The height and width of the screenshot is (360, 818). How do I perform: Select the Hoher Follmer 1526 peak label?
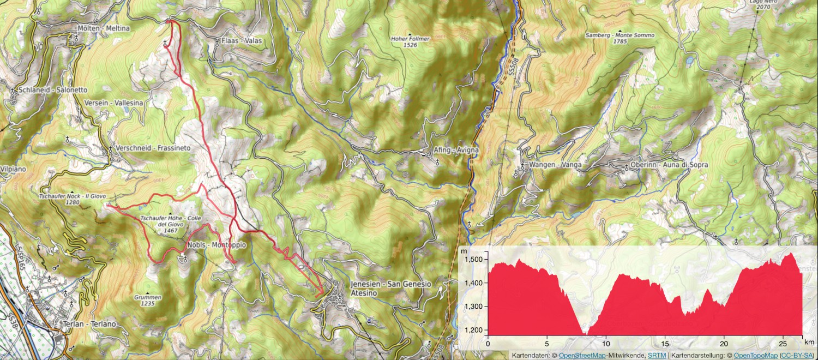click(x=411, y=42)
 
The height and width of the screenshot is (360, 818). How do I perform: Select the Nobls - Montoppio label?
click(x=216, y=245)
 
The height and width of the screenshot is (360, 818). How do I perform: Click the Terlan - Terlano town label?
click(x=89, y=324)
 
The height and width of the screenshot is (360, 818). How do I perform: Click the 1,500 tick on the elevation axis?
click(x=473, y=259)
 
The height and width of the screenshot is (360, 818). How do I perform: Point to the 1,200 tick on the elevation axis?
click(x=473, y=330)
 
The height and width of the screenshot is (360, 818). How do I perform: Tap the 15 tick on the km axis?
click(x=665, y=344)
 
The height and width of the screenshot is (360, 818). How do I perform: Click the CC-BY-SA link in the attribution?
click(x=797, y=356)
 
